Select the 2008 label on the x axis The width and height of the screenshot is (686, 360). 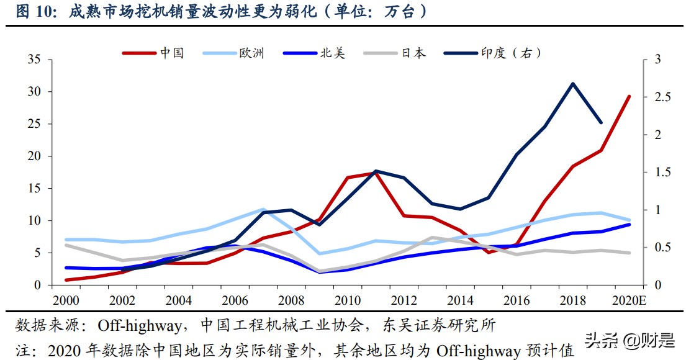point(291,300)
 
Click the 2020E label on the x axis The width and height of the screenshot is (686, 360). point(628,300)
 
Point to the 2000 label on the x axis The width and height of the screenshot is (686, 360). point(66,300)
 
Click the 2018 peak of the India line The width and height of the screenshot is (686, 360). point(572,83)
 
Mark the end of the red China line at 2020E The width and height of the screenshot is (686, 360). point(629,96)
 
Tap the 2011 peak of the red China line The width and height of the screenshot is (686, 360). point(376,173)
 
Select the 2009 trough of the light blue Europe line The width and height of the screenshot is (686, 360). point(319,253)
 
